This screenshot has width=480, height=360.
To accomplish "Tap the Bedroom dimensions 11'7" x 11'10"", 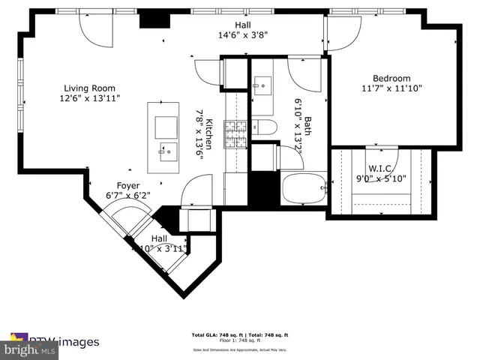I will pyautogui.click(x=391, y=88).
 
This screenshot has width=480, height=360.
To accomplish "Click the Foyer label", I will pyautogui.click(x=128, y=185).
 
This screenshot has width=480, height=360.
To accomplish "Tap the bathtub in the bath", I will pyautogui.click(x=304, y=188).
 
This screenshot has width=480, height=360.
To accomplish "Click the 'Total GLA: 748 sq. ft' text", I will pyautogui.click(x=215, y=334).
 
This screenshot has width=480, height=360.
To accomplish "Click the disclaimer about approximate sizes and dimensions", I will pyautogui.click(x=240, y=349).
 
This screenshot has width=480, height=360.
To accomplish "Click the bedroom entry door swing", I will pyautogui.click(x=341, y=34).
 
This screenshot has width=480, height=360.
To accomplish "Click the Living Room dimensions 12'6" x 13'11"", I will pyautogui.click(x=90, y=98).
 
